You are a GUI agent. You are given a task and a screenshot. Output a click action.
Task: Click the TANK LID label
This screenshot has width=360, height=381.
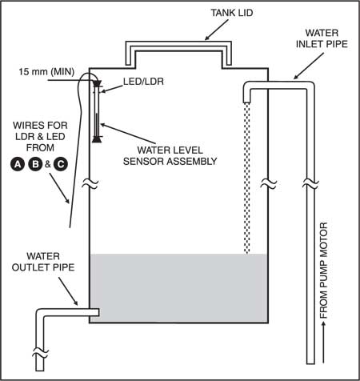(232, 13)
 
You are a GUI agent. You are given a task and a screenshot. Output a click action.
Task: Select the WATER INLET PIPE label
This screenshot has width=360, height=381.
(322, 38)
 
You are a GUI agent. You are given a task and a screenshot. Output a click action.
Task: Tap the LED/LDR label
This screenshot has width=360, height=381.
(143, 82)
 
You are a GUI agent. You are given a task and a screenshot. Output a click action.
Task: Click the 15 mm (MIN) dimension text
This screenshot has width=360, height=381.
(46, 71)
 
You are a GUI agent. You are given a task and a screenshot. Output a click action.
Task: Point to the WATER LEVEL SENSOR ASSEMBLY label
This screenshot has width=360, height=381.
(170, 155)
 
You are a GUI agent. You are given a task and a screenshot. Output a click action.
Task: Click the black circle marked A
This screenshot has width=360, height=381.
(18, 164)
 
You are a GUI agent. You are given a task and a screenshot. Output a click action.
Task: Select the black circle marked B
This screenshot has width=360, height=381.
(35, 164)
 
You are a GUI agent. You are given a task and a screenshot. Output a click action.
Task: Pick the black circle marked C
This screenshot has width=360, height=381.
(61, 164)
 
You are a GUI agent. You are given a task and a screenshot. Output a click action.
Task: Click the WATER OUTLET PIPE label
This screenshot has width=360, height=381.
(43, 262)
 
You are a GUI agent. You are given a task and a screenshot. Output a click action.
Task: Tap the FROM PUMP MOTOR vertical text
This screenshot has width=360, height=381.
(323, 271)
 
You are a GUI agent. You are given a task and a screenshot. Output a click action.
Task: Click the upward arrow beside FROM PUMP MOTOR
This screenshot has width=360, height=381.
(324, 343)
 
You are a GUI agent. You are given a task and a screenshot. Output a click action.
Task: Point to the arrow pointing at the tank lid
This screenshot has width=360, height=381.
(217, 30)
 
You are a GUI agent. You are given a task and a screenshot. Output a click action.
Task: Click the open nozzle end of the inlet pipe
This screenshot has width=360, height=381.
(247, 102)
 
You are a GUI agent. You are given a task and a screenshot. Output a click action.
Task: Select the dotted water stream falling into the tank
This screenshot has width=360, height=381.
(247, 178)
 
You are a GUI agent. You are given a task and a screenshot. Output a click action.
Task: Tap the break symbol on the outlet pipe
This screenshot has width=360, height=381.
(40, 354)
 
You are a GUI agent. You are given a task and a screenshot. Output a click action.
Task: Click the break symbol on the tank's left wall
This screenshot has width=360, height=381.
(90, 183)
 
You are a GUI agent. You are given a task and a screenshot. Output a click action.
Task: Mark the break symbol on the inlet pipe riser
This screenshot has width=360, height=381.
(310, 183)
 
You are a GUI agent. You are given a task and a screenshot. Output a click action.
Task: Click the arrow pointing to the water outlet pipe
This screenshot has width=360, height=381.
(68, 291)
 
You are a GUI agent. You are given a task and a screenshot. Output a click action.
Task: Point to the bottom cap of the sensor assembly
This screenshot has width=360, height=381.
(97, 139)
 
